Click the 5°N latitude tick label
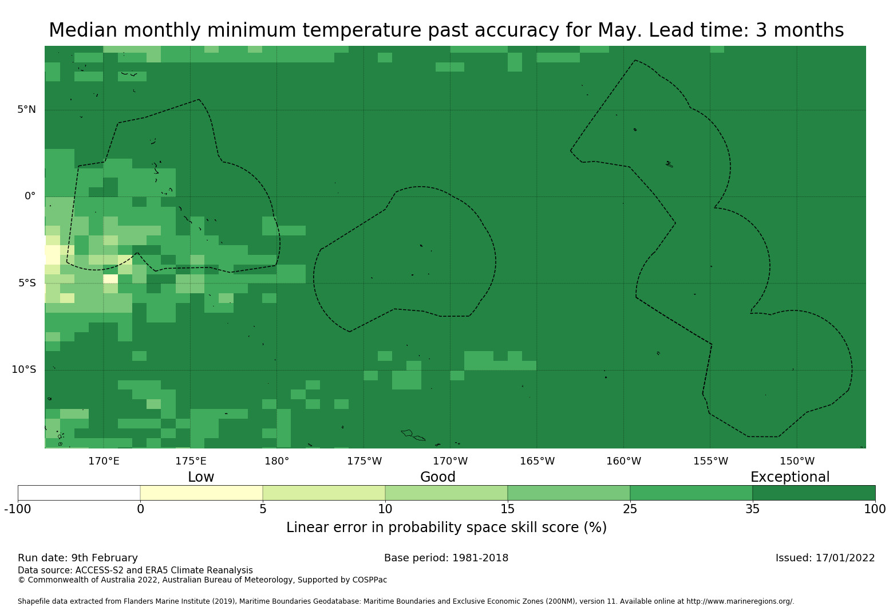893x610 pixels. click(26, 109)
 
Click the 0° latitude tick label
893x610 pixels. click(30, 196)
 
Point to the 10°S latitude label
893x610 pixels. click(24, 369)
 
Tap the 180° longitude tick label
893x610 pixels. click(276, 461)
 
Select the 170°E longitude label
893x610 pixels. click(104, 461)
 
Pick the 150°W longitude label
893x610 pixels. click(797, 461)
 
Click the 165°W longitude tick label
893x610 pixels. click(537, 461)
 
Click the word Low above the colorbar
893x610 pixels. click(201, 477)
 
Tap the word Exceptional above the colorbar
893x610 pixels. click(789, 477)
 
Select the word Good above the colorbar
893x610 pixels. click(438, 477)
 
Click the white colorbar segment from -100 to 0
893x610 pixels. click(79, 493)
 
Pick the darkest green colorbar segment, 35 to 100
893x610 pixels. click(813, 493)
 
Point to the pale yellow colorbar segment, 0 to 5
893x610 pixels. click(201, 493)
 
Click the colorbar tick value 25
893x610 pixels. click(630, 509)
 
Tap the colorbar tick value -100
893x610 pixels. click(18, 509)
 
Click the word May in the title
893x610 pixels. click(614, 30)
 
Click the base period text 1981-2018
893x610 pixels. click(480, 558)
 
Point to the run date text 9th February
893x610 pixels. click(104, 558)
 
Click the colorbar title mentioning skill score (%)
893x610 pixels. click(446, 528)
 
